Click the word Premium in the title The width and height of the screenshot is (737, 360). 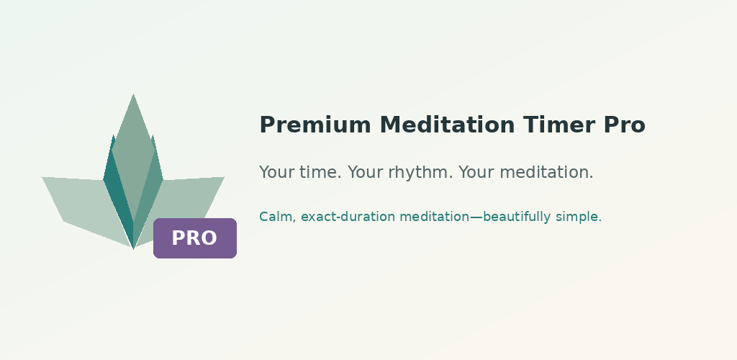tap(315, 125)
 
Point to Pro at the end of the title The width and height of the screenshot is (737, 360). tap(625, 125)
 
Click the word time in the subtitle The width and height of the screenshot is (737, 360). tap(320, 172)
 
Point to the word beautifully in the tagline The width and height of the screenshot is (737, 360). tap(517, 217)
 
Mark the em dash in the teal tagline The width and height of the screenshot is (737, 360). tap(476, 217)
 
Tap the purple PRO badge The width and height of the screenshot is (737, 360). tap(195, 238)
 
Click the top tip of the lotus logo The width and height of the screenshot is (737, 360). tap(133, 94)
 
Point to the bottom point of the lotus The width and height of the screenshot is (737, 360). tap(133, 248)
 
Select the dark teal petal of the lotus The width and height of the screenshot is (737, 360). tap(117, 193)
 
